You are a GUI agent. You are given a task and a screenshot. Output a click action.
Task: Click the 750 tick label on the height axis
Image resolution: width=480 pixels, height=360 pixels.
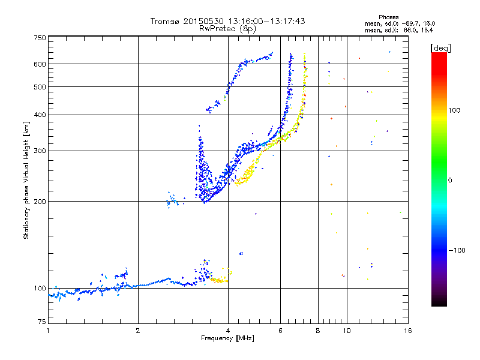(x=40, y=38)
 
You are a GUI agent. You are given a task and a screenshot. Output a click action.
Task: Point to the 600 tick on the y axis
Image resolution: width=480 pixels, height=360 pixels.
(x=40, y=64)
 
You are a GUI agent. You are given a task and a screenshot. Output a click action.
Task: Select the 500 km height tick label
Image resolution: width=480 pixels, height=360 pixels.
(x=40, y=87)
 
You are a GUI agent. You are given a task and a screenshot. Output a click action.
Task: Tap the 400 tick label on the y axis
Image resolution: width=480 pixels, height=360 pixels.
(x=40, y=115)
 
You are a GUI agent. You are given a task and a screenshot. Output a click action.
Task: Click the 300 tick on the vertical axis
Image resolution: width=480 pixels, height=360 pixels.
(x=40, y=151)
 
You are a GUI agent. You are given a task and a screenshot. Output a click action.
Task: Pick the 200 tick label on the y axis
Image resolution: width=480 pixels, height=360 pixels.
(x=40, y=201)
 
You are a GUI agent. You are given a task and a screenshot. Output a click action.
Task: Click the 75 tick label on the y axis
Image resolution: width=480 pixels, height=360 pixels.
(x=41, y=322)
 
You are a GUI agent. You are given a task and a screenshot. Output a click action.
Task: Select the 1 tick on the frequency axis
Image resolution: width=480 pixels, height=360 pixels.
(x=48, y=330)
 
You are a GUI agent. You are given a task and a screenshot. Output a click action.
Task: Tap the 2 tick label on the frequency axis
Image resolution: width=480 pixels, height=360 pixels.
(x=138, y=330)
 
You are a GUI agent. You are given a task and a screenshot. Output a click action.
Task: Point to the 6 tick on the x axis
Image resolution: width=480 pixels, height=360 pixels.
(x=280, y=330)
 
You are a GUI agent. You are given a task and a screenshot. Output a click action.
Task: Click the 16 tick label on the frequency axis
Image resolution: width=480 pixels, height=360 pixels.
(x=407, y=330)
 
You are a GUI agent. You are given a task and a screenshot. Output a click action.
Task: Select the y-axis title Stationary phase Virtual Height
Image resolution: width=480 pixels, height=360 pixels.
(x=26, y=180)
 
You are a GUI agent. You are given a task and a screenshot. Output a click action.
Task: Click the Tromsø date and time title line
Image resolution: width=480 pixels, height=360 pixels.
(x=227, y=21)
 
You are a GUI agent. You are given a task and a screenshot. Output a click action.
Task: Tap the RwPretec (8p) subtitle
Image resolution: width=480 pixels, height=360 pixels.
(x=227, y=28)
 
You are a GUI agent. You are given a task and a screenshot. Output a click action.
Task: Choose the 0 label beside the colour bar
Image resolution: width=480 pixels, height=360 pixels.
(x=450, y=180)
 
